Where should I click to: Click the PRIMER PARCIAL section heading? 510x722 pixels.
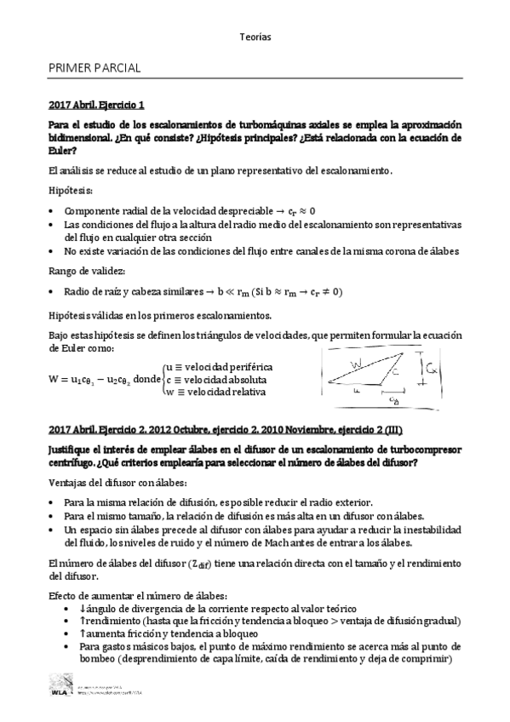pyautogui.click(x=95, y=66)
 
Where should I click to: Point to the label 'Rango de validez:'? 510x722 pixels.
pyautogui.click(x=86, y=271)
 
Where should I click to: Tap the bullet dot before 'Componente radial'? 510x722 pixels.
pyautogui.click(x=53, y=210)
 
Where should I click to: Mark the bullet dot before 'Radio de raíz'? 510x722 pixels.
pyautogui.click(x=53, y=292)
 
